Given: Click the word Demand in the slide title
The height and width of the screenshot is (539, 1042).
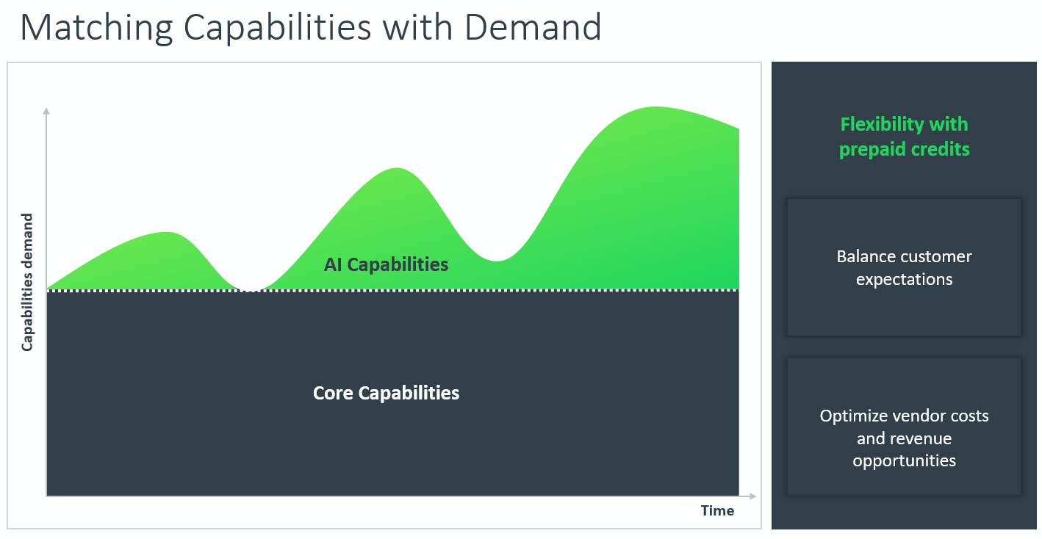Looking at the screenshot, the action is (533, 27).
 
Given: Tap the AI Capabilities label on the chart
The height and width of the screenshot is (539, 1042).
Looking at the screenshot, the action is (386, 264).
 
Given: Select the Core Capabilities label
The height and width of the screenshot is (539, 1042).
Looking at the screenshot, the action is (386, 394).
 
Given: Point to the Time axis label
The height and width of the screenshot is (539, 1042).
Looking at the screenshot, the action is (717, 510).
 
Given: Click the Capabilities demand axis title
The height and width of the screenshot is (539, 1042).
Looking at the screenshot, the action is (27, 282).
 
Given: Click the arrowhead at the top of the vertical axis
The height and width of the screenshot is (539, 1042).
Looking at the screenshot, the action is (46, 111).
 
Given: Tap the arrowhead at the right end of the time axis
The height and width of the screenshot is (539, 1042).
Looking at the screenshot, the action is (752, 496).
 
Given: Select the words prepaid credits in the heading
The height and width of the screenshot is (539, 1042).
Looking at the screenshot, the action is (905, 150).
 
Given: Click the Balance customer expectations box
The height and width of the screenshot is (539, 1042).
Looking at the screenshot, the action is (904, 267).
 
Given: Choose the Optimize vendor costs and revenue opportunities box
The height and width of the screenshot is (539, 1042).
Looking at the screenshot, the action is (904, 427).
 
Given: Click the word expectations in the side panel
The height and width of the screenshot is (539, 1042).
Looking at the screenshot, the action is (905, 280).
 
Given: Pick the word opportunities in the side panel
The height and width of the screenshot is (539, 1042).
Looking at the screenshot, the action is (905, 461).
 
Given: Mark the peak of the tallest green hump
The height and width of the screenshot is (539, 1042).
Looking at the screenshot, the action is (656, 107).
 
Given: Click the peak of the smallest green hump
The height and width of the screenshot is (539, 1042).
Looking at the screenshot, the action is (168, 233).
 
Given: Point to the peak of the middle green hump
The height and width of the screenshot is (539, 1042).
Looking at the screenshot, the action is (397, 168).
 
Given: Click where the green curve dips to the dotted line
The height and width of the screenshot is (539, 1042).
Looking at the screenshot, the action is (251, 290).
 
